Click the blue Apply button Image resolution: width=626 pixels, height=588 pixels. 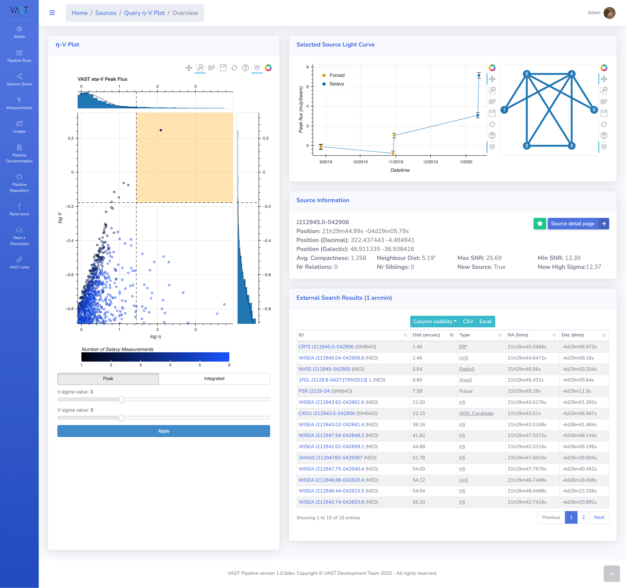pos(163,431)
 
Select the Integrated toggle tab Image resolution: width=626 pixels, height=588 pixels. pos(214,378)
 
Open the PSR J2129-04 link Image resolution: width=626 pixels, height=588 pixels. pos(314,391)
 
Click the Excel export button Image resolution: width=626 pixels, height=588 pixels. pos(486,321)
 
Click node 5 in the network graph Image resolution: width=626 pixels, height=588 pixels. pos(527,74)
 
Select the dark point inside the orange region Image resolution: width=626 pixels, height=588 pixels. pos(161,130)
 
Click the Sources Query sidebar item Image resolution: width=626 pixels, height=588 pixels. pos(19,80)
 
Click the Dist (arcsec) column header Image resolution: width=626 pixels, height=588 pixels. pos(426,335)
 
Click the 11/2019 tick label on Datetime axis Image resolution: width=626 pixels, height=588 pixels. pos(396,162)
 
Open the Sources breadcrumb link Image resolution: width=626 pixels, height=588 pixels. pos(106,13)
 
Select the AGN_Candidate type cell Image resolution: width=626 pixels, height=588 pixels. pos(476,413)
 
